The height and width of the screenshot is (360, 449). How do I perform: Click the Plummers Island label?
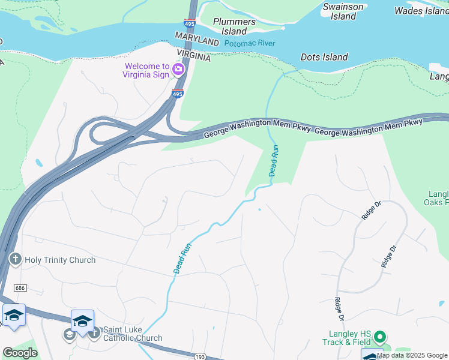(x=234, y=26)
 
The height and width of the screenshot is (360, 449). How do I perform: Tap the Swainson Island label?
(x=343, y=12)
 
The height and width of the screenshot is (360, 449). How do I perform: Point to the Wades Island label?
(x=421, y=11)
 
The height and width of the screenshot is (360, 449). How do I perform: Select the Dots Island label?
(x=324, y=58)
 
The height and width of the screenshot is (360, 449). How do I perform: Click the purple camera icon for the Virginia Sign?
(x=178, y=70)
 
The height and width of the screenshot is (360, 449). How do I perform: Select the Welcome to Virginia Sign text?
(x=146, y=71)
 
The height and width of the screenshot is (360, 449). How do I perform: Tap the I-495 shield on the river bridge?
(x=190, y=23)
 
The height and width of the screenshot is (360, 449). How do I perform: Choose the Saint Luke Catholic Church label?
(x=132, y=334)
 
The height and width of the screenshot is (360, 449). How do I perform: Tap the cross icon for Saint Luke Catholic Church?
(x=94, y=334)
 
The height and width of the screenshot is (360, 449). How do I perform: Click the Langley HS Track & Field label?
(x=350, y=338)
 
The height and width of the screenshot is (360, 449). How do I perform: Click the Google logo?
(x=19, y=353)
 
